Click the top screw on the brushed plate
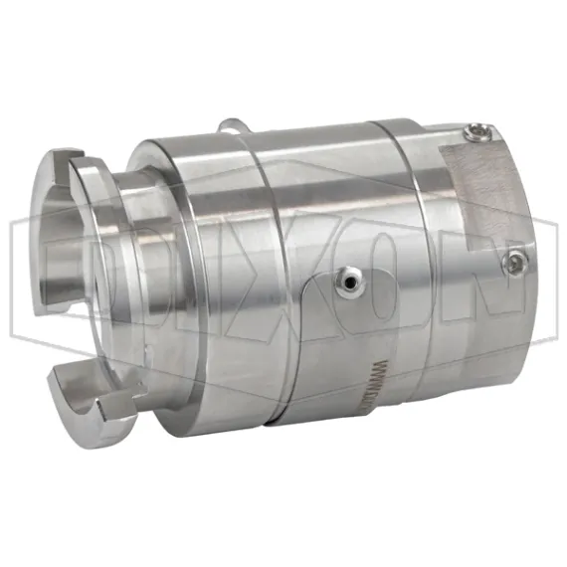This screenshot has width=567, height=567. (476, 129)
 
